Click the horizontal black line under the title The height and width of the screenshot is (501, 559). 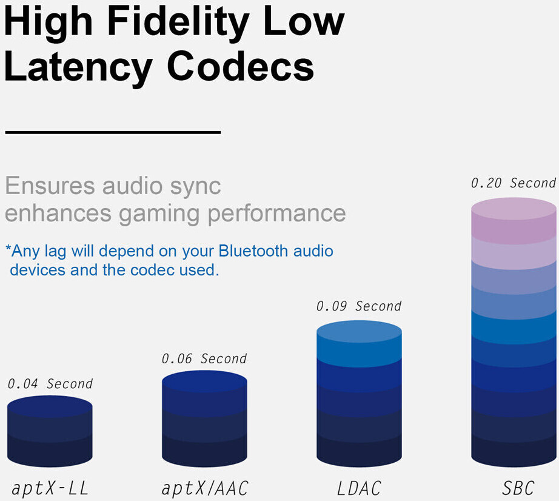[112, 132]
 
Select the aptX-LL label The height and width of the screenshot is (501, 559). [50, 488]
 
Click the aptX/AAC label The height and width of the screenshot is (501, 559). [205, 488]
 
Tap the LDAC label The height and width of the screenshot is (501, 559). [359, 488]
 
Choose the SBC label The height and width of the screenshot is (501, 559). [514, 488]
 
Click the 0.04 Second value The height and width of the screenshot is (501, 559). [50, 384]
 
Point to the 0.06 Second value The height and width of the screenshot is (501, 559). [204, 359]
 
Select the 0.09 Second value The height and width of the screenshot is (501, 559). [359, 306]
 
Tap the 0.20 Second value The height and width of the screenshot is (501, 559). [514, 183]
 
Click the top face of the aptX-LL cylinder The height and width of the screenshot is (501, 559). [50, 406]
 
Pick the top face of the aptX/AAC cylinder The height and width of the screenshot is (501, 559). [204, 381]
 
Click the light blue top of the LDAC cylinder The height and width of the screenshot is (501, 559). [359, 332]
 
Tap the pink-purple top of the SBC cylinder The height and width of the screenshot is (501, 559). [514, 208]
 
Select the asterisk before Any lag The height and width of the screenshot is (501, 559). [8, 249]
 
